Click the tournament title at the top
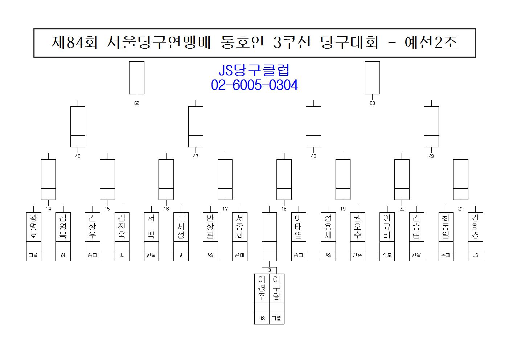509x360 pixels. click(x=254, y=43)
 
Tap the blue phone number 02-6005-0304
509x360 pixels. click(x=254, y=85)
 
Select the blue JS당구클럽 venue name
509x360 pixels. click(x=254, y=70)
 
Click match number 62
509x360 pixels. click(x=136, y=103)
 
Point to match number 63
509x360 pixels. click(x=372, y=103)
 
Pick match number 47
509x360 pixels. click(x=196, y=156)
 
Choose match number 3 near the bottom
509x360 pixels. click(x=269, y=270)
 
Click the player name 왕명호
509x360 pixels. click(x=33, y=226)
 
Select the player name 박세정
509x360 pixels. click(x=181, y=226)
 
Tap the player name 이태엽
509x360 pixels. click(x=299, y=226)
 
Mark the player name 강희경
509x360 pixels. click(x=475, y=226)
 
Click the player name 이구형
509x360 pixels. click(x=276, y=288)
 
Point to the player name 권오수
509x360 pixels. click(x=357, y=226)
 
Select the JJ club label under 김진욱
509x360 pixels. click(x=122, y=255)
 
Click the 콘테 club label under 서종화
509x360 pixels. click(x=239, y=255)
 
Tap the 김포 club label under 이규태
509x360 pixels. click(x=387, y=255)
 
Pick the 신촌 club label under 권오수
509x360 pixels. click(x=357, y=255)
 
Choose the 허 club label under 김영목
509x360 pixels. click(x=63, y=255)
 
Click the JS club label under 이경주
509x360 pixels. click(x=262, y=318)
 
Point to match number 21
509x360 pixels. click(x=460, y=209)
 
